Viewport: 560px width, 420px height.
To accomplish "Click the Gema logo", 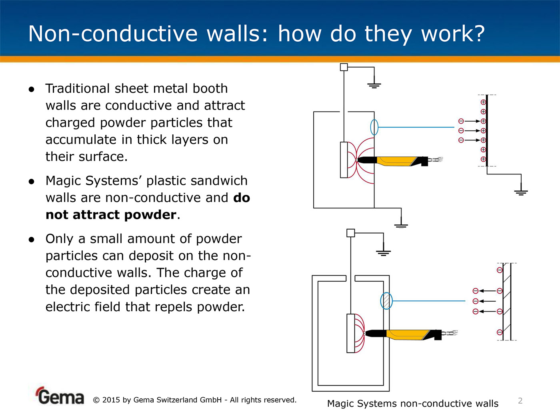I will (x=60, y=396).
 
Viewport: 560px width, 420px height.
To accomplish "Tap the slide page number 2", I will (x=520, y=400).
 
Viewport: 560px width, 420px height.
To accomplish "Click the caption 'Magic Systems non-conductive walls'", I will (x=412, y=404).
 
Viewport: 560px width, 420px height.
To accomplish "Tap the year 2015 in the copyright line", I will (x=111, y=400).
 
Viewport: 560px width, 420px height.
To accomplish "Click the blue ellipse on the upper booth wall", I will (x=374, y=127).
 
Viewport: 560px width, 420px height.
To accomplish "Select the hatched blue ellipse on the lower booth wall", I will (x=386, y=301).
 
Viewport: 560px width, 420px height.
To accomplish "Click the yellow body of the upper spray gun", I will (x=396, y=161).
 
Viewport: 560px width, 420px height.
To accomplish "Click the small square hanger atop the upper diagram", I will (x=344, y=67).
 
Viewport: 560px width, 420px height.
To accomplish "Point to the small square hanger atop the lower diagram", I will (x=350, y=233).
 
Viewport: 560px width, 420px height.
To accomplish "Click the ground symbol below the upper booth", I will (x=401, y=224).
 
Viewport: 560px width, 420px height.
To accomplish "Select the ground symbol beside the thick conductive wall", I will (x=521, y=191).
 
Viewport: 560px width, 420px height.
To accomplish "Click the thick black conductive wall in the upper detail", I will (x=487, y=132).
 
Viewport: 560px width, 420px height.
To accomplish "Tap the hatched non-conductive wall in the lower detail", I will (x=507, y=302).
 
